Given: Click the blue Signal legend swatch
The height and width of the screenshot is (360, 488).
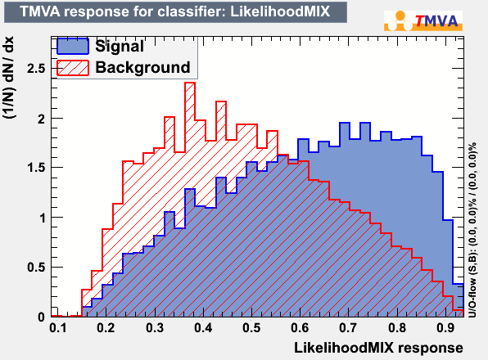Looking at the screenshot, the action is [x=73, y=46].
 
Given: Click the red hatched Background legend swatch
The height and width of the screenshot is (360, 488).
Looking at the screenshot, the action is [x=73, y=67].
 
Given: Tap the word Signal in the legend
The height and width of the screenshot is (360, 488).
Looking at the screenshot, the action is [x=120, y=47].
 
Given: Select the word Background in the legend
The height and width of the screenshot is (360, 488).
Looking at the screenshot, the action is [x=142, y=67].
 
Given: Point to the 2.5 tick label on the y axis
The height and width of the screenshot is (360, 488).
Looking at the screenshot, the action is [x=36, y=69].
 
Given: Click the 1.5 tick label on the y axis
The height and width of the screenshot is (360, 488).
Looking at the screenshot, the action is [x=36, y=168].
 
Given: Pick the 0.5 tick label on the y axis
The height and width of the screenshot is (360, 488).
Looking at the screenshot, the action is [x=36, y=268].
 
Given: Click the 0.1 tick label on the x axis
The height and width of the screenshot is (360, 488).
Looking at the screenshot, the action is [x=58, y=327].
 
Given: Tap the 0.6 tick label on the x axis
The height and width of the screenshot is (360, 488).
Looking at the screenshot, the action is [x=300, y=327].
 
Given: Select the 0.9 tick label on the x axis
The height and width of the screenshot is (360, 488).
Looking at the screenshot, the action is [x=445, y=327].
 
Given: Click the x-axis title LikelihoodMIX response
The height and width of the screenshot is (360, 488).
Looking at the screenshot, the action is [x=378, y=348].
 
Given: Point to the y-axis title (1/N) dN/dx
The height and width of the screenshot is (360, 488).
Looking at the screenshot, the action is [x=9, y=78].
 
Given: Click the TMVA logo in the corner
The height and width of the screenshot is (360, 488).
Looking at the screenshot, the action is [x=423, y=20].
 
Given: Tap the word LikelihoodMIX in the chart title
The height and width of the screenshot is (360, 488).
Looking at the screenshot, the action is [x=280, y=11].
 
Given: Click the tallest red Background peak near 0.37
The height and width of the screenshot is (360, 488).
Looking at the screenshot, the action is [x=190, y=83].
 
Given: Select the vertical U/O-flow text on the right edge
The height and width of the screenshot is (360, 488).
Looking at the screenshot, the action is [x=472, y=230].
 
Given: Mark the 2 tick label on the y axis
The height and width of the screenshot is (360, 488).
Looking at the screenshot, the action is [x=42, y=119].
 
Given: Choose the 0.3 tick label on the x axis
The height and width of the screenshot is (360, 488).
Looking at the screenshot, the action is [x=155, y=327].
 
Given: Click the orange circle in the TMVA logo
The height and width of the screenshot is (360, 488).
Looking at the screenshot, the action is [x=400, y=16].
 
